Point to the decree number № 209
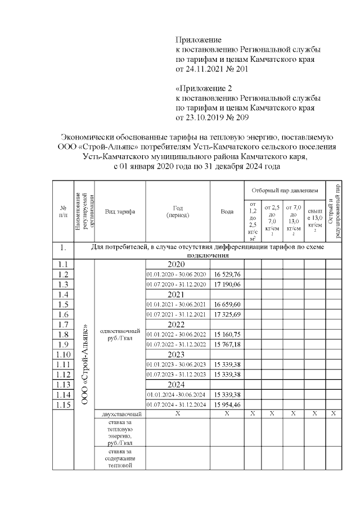[x=236, y=118]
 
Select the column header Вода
[x=227, y=211]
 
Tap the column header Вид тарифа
[x=120, y=211]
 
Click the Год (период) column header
[x=178, y=211]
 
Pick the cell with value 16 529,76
[x=227, y=274]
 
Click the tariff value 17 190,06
[x=227, y=284]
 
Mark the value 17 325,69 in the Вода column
[x=227, y=314]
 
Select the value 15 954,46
[x=227, y=404]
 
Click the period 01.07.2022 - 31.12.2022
[x=178, y=344]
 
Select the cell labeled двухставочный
[x=120, y=414]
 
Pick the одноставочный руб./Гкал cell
[x=120, y=335]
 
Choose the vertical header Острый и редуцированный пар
[x=334, y=211]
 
